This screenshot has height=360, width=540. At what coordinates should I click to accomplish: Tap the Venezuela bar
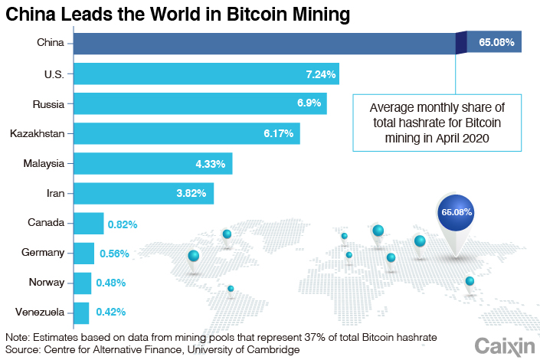click(x=81, y=313)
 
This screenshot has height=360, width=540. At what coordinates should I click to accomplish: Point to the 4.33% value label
click(x=211, y=163)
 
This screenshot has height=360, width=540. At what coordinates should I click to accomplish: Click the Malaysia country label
click(x=43, y=163)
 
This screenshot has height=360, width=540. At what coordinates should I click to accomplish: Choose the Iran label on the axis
click(x=55, y=193)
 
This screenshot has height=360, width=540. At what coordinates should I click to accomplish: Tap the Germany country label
click(x=42, y=253)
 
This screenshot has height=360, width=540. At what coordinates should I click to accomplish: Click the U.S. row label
click(x=54, y=74)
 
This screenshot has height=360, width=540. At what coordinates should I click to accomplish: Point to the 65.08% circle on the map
click(x=457, y=211)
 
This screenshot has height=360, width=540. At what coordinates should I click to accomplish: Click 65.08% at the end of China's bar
click(x=496, y=43)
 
